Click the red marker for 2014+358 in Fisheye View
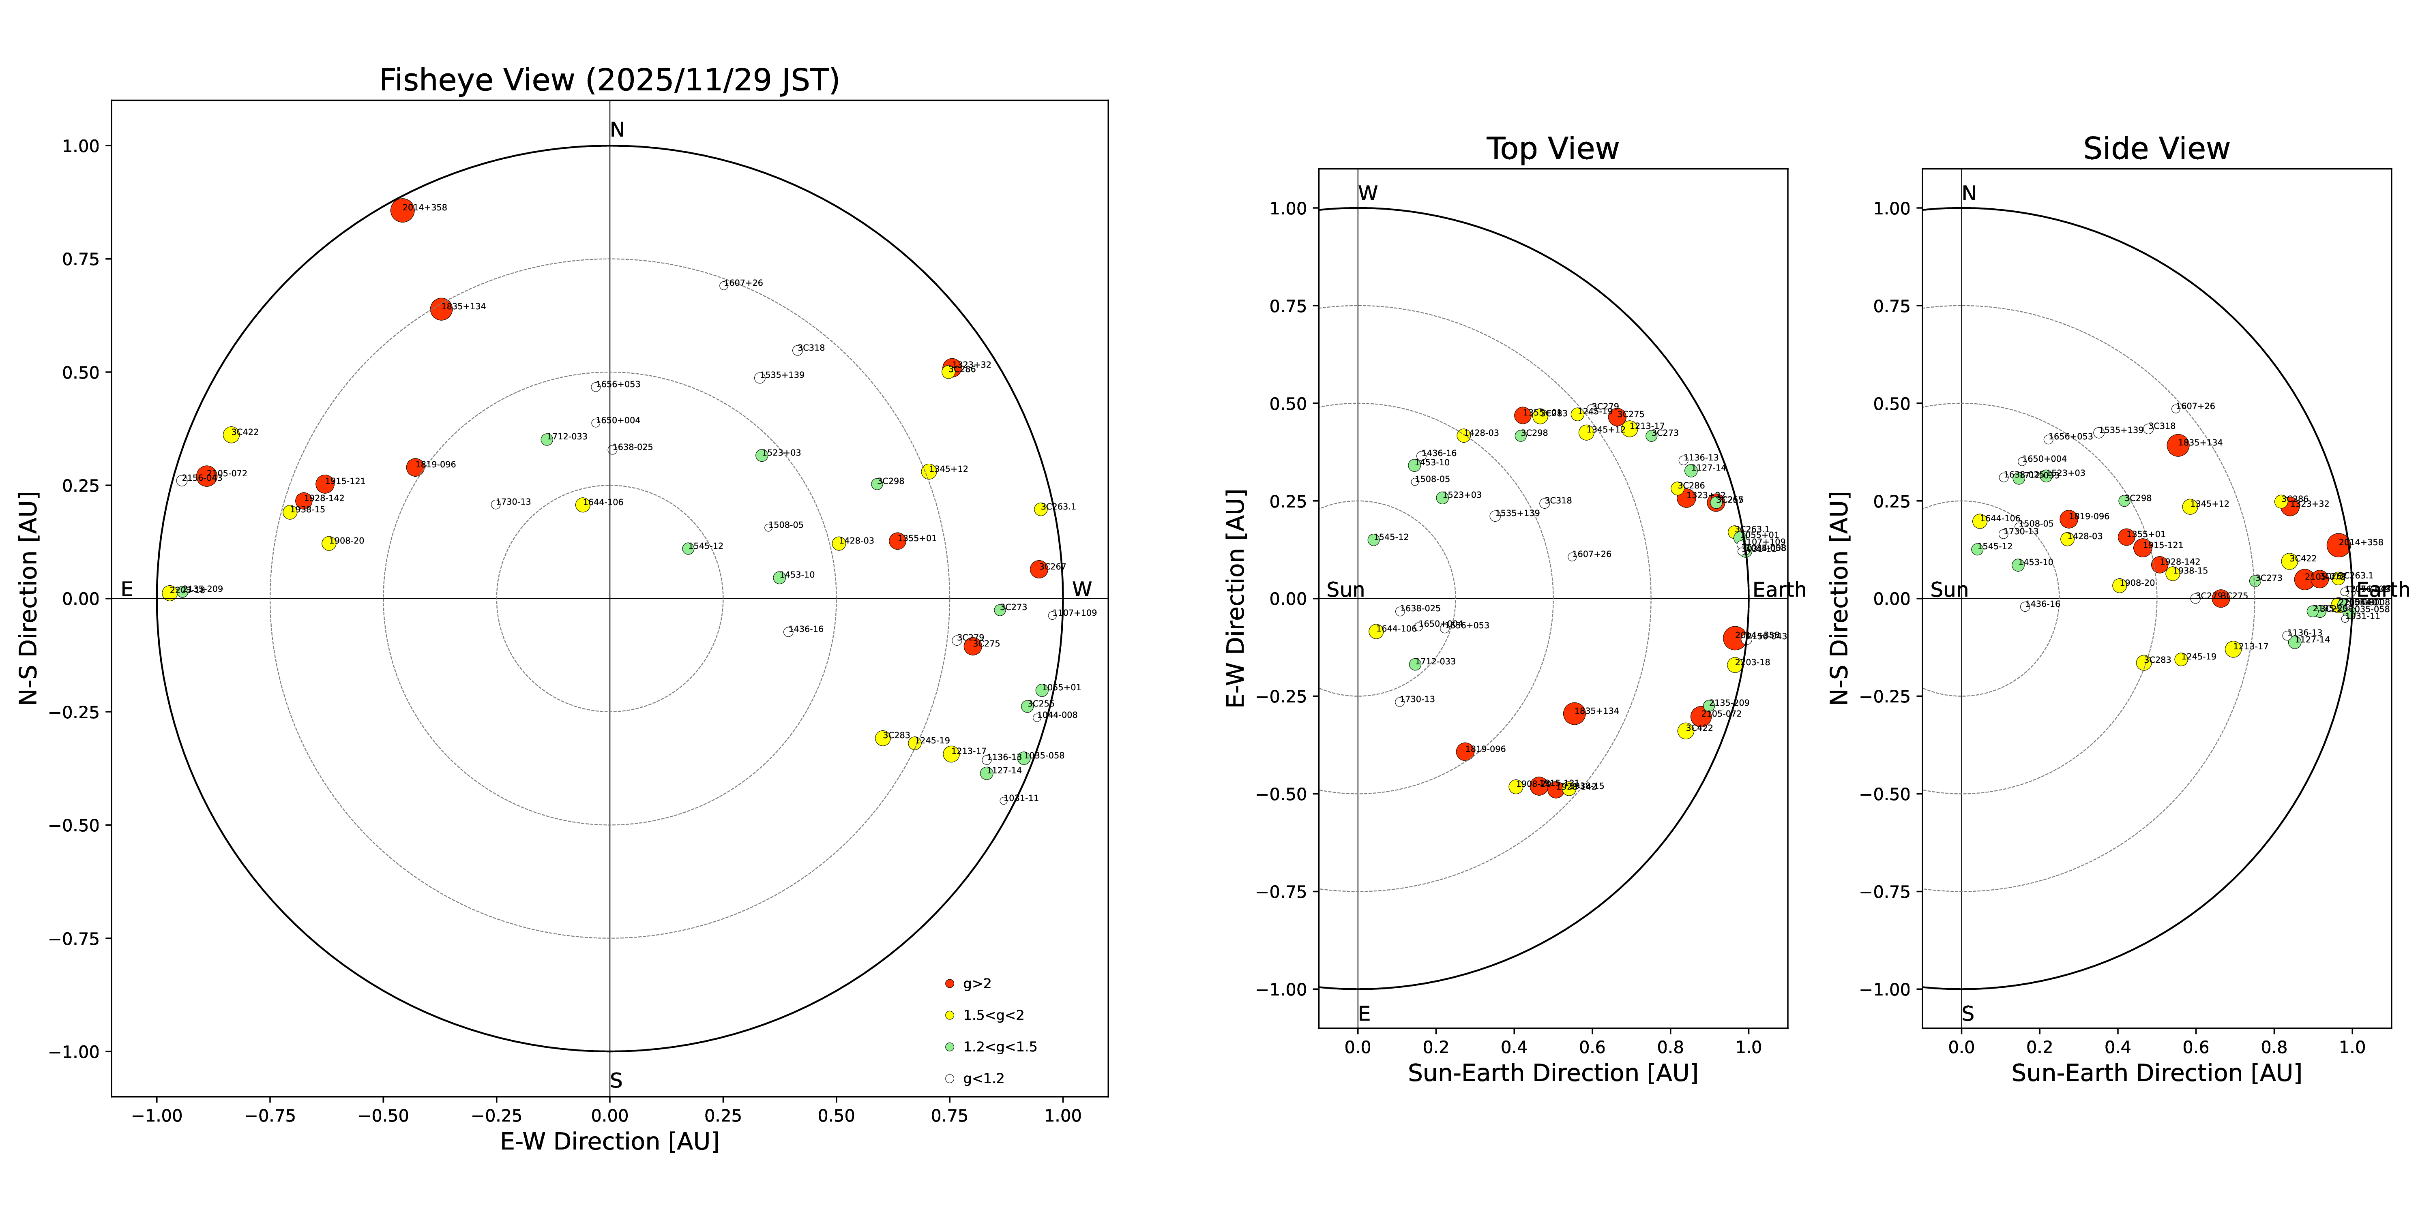click(x=402, y=210)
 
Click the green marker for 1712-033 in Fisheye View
click(x=547, y=439)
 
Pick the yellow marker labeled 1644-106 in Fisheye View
click(x=583, y=505)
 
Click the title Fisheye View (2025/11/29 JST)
click(x=609, y=80)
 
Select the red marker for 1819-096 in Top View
click(x=1465, y=751)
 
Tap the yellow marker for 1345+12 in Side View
click(x=2189, y=507)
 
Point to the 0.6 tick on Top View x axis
click(x=1592, y=1047)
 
